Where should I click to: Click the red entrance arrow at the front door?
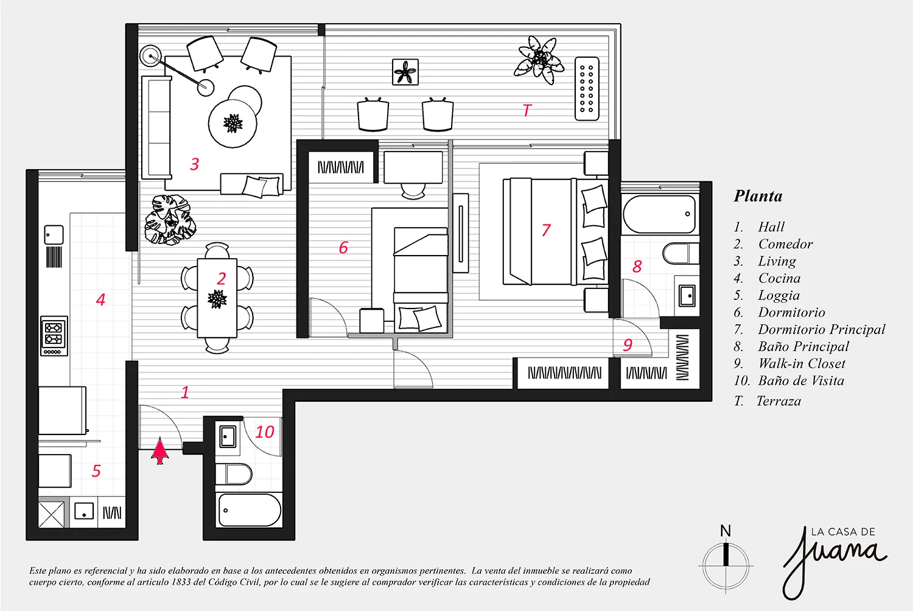pyautogui.click(x=159, y=451)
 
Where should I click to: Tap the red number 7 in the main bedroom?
pyautogui.click(x=546, y=230)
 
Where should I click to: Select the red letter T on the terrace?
pyautogui.click(x=527, y=110)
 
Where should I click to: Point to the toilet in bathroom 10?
pyautogui.click(x=233, y=474)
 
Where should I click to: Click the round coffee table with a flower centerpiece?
pyautogui.click(x=233, y=123)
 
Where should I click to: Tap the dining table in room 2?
pyautogui.click(x=217, y=298)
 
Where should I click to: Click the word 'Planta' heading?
pyautogui.click(x=758, y=196)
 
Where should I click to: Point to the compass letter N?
pyautogui.click(x=725, y=531)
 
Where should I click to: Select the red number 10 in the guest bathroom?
pyautogui.click(x=265, y=432)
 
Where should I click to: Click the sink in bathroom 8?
pyautogui.click(x=688, y=296)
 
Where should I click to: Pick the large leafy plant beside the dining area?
pyautogui.click(x=170, y=220)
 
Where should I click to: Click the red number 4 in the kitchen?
pyautogui.click(x=100, y=299)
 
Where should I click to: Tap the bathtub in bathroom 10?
pyautogui.click(x=250, y=510)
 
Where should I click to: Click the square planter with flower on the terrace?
pyautogui.click(x=405, y=72)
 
